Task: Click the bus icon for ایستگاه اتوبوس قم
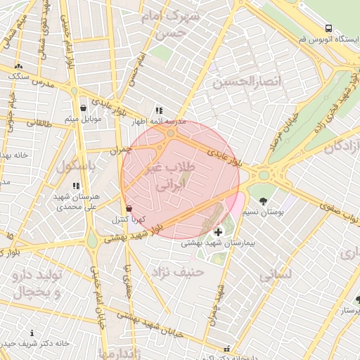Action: (329, 28)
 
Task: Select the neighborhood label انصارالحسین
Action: (241, 83)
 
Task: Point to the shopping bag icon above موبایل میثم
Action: (84, 108)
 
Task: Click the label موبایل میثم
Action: (84, 118)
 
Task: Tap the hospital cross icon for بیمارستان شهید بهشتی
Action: (218, 232)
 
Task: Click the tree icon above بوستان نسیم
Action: (263, 202)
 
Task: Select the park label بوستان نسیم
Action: (263, 212)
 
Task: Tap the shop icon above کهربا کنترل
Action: (128, 209)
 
